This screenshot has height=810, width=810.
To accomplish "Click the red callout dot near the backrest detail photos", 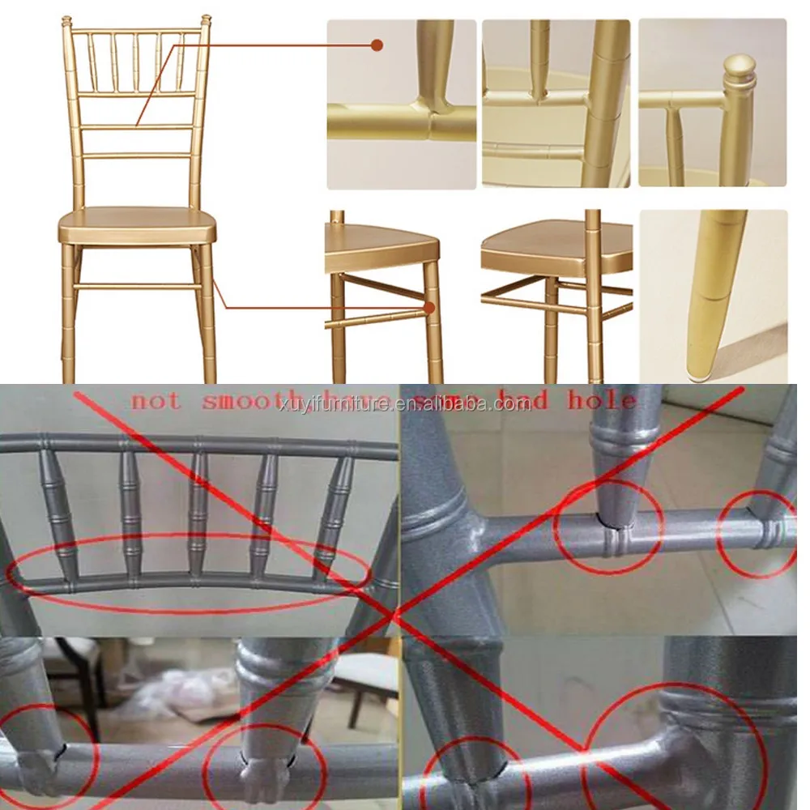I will pos(377,45).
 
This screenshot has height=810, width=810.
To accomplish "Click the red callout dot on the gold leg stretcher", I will pos(429,308).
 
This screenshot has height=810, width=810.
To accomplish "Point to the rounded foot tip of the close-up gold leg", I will pos(698,370).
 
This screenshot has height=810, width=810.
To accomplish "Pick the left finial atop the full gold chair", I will pos(66,20).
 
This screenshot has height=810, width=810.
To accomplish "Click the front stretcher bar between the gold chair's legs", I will pos(138,286).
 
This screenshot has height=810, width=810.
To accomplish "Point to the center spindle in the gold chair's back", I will pos(135,61).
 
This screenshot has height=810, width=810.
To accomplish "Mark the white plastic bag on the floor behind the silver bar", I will pos(174,693).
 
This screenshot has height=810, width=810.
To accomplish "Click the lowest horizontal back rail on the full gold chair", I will pos(137,155).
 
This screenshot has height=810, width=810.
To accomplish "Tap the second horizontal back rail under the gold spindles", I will pos(137,126).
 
